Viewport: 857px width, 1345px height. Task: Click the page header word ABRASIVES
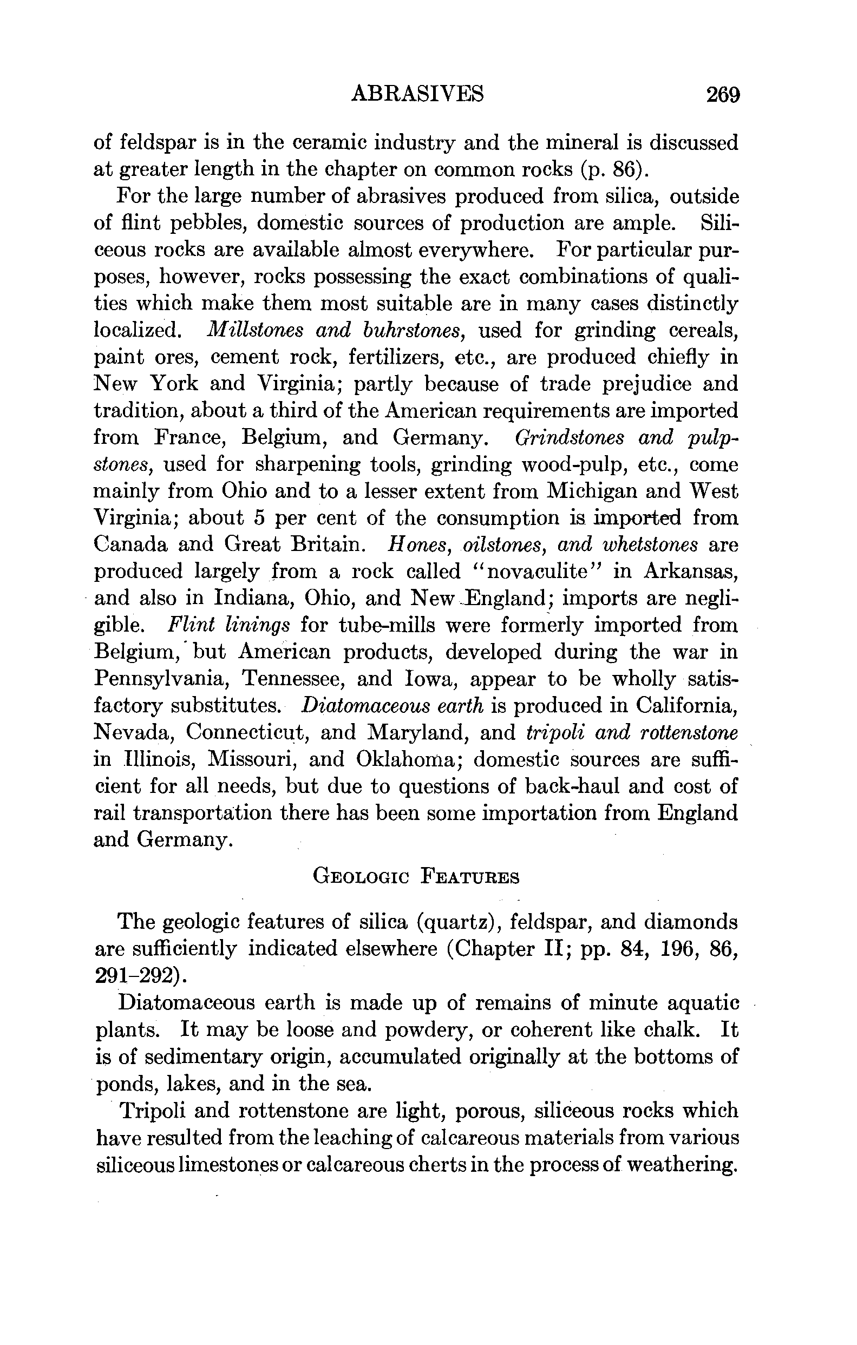pos(417,94)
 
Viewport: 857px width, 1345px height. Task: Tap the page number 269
pos(722,94)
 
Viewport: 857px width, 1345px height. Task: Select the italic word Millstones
pos(255,330)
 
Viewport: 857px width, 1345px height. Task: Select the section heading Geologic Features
pos(416,877)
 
